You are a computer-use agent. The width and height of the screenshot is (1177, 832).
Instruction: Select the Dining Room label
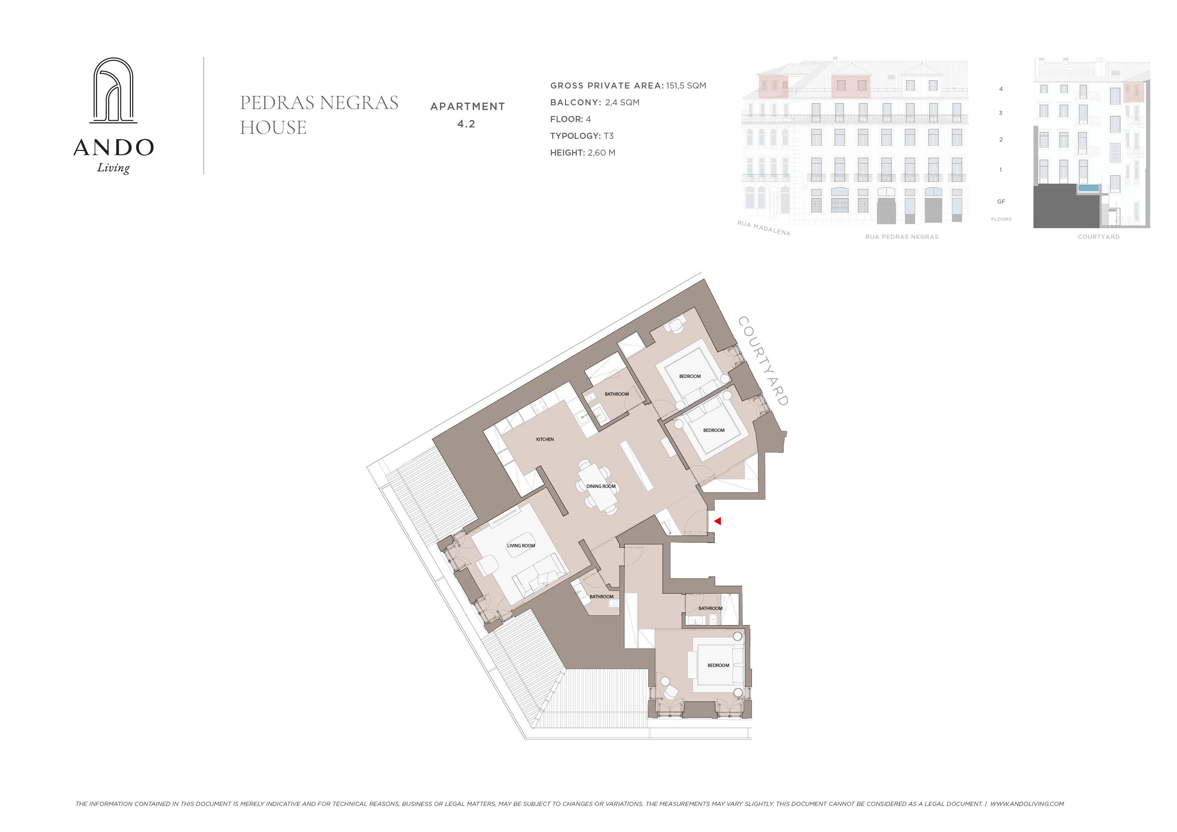click(x=601, y=487)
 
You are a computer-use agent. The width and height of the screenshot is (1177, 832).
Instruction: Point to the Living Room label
click(x=521, y=546)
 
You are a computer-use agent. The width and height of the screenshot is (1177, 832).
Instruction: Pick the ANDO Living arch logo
click(x=113, y=90)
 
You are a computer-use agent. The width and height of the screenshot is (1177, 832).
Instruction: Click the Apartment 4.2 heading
click(x=467, y=115)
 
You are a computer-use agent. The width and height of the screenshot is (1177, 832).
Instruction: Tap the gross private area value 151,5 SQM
click(x=686, y=86)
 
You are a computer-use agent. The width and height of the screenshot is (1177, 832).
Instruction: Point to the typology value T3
click(x=609, y=136)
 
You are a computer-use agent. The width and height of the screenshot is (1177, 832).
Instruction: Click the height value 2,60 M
click(x=601, y=153)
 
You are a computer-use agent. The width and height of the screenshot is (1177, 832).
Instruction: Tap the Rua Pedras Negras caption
click(x=902, y=237)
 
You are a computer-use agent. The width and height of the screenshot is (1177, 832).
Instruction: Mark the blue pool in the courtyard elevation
click(x=1089, y=188)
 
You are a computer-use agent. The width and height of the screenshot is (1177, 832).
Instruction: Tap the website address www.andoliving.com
click(x=1027, y=804)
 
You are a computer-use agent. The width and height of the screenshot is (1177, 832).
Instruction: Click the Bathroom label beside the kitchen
click(x=617, y=394)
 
